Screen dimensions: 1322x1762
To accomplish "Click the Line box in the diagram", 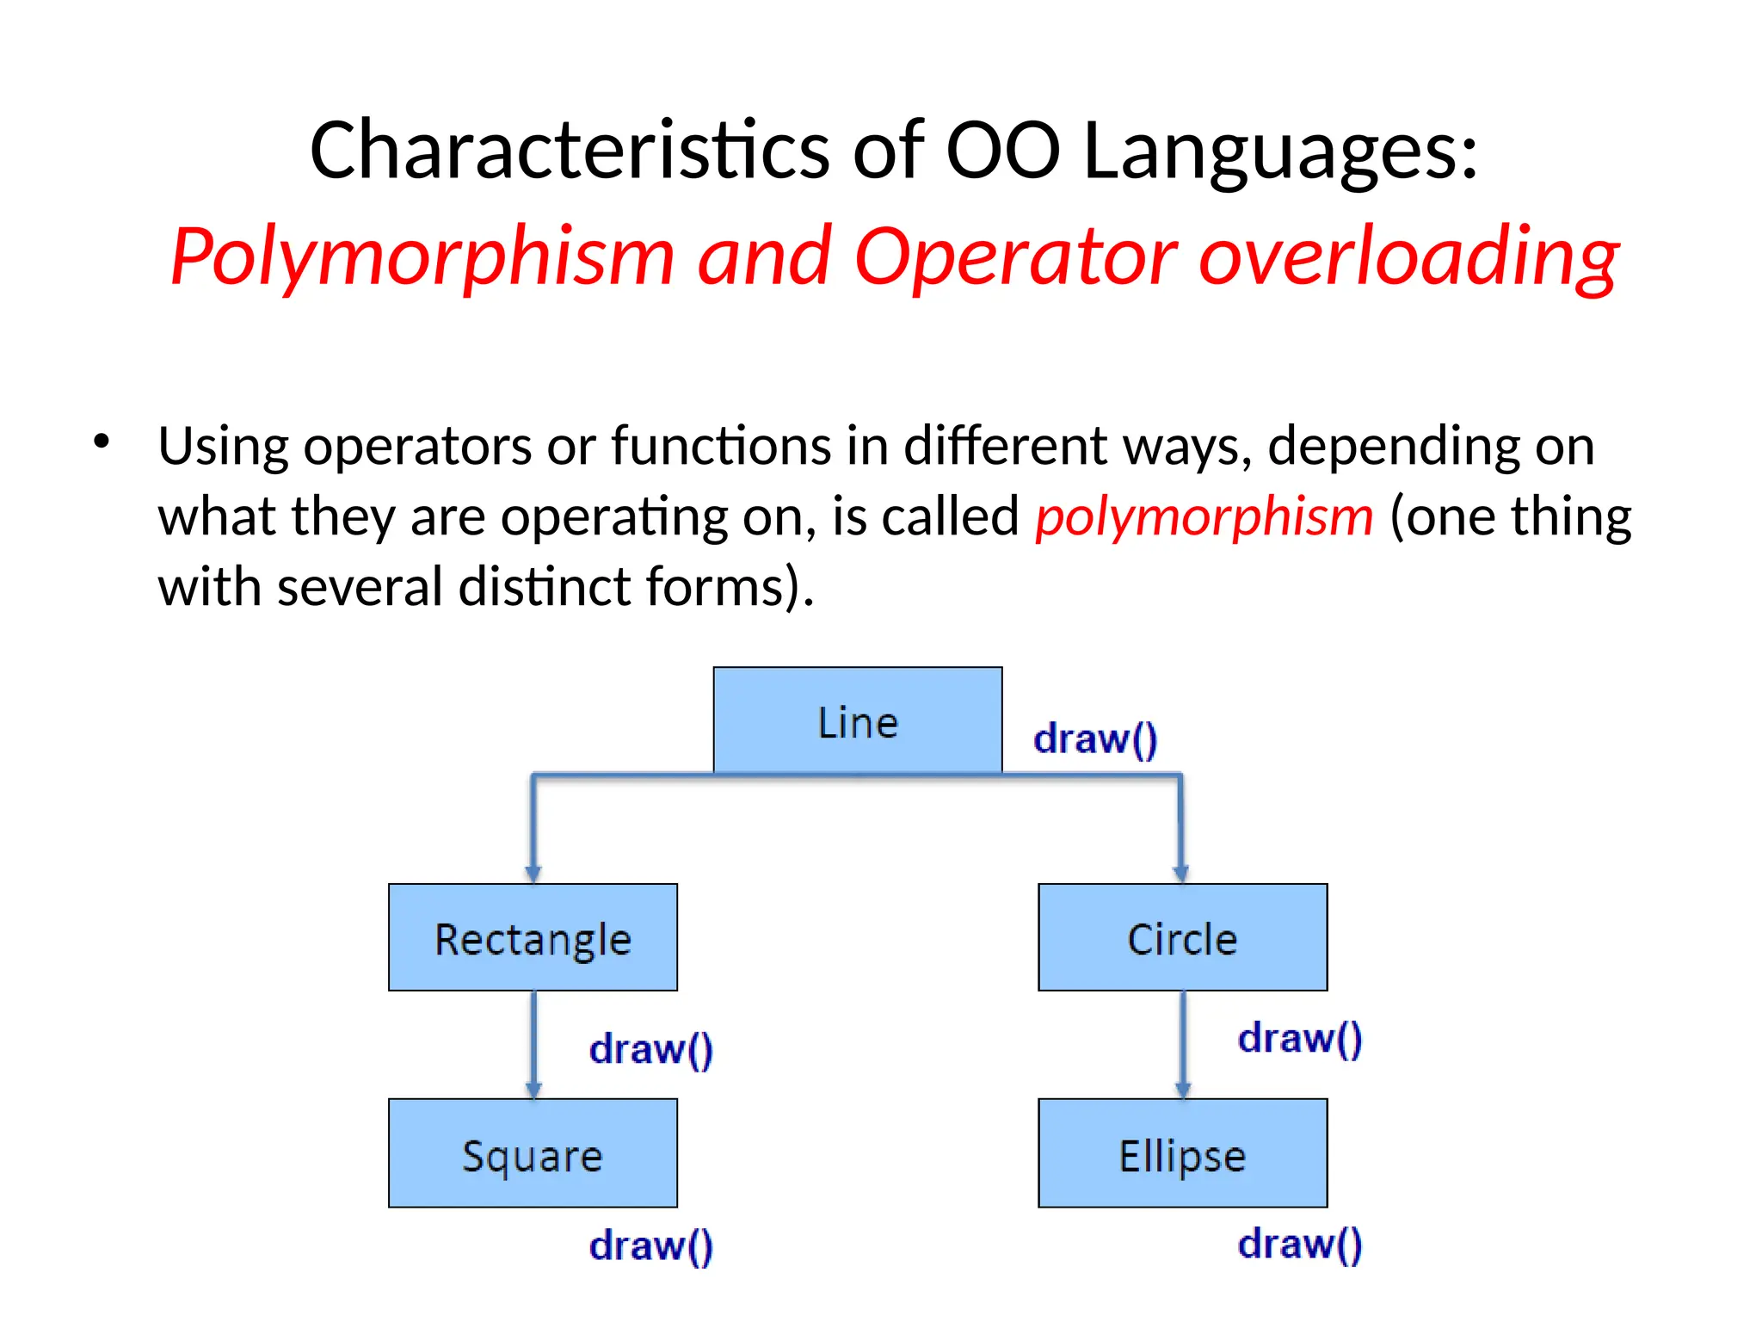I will click(857, 720).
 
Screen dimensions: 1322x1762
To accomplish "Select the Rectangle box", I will click(533, 937).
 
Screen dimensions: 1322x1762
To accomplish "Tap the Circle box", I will click(1182, 937).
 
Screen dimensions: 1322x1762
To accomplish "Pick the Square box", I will click(533, 1153).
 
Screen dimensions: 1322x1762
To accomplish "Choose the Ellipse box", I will click(1182, 1153).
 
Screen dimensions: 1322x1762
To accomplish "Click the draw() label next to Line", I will click(1095, 739).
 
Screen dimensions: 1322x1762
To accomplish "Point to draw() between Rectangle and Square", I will click(651, 1049).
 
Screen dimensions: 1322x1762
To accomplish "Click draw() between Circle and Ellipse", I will click(1300, 1038).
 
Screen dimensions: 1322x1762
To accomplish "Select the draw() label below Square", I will click(651, 1245).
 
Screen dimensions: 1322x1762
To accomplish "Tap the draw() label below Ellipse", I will click(1300, 1244).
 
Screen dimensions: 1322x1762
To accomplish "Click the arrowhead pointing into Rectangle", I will click(533, 874).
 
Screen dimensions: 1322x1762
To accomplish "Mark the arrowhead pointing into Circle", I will click(1181, 874).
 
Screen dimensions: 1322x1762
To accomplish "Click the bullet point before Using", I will click(102, 442).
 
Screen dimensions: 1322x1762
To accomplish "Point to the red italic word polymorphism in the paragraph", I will click(1204, 516).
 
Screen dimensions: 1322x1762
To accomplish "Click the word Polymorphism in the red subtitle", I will click(422, 256).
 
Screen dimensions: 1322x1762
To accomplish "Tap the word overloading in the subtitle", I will click(1408, 256).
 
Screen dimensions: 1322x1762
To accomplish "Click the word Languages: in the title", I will click(1280, 151).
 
